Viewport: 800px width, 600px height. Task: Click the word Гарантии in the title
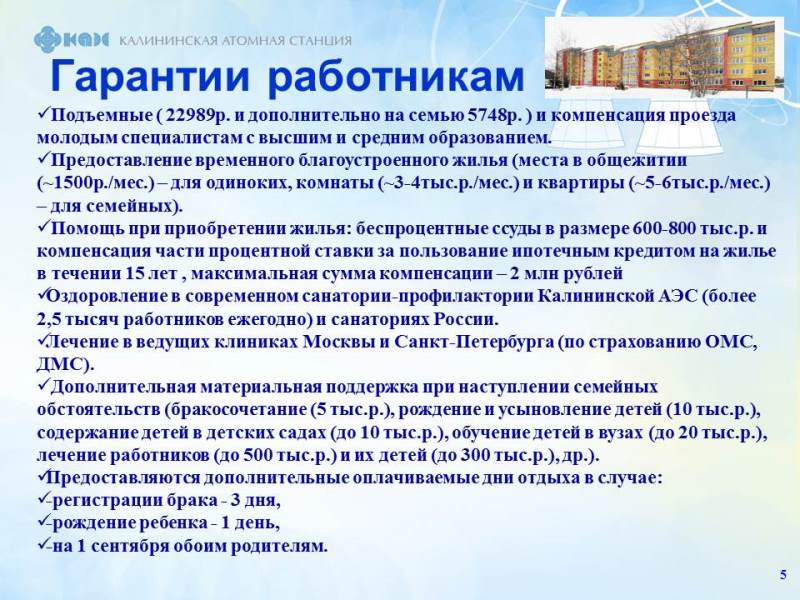click(x=151, y=77)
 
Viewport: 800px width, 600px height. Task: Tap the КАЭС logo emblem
click(x=71, y=39)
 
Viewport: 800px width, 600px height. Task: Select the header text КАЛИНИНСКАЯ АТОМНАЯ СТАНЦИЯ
click(x=235, y=40)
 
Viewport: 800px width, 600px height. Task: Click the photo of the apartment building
click(x=664, y=58)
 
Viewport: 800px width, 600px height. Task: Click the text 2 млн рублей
click(x=566, y=274)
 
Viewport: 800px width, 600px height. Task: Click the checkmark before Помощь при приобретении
click(x=43, y=227)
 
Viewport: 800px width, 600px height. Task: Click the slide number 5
click(x=783, y=575)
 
